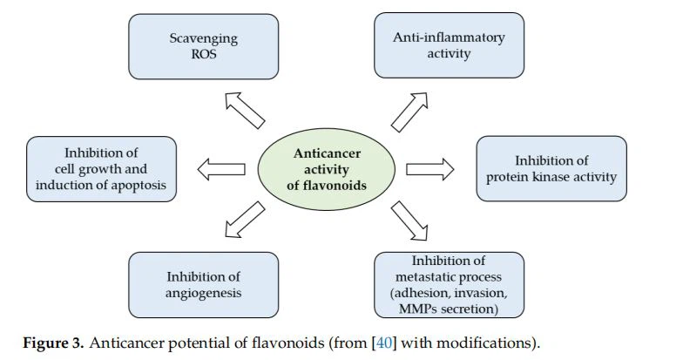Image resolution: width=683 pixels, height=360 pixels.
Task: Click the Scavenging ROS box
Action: click(x=203, y=45)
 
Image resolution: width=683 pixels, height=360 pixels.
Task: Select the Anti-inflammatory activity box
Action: click(x=449, y=45)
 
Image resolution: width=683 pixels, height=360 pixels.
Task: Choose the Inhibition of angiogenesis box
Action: click(x=203, y=285)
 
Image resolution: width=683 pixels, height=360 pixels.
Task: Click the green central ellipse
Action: click(x=328, y=167)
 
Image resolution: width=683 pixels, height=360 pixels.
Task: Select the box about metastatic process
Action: click(x=449, y=285)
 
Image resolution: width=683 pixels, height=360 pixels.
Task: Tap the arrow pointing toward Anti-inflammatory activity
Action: click(x=409, y=110)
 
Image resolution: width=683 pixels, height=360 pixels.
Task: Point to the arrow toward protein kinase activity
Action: click(x=430, y=167)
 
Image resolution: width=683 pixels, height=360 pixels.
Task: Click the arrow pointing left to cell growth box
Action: click(x=220, y=168)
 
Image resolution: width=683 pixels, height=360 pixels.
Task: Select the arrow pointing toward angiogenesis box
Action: click(x=245, y=218)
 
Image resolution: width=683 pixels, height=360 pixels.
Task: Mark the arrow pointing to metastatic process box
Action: click(x=409, y=221)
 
